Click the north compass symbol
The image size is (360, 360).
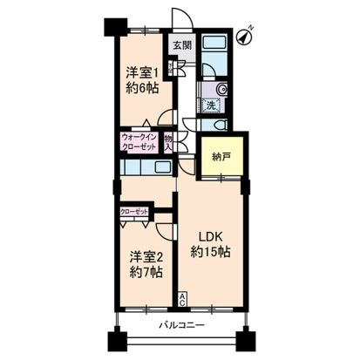(248, 32)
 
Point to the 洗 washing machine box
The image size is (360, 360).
(211, 105)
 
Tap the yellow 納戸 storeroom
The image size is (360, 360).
(221, 156)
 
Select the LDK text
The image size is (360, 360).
(209, 236)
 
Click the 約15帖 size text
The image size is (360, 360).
(210, 251)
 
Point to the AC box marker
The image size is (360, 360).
(181, 298)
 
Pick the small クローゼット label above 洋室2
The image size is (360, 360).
(134, 212)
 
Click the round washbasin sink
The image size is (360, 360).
(221, 88)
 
